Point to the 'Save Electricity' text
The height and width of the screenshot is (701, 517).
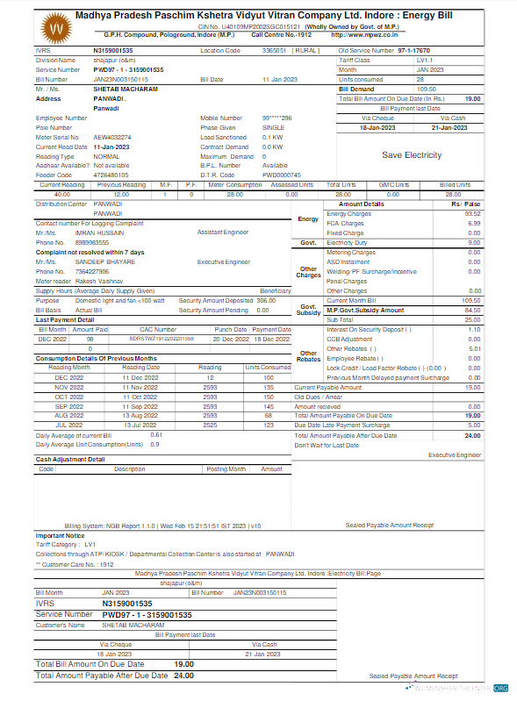411,155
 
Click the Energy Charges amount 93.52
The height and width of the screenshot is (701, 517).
472,213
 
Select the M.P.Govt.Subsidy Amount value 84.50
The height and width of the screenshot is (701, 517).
472,310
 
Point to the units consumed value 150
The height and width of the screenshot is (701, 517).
269,397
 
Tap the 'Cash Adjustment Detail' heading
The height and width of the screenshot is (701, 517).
70,459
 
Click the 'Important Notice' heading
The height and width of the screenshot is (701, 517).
60,535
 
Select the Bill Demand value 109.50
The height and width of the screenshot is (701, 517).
426,89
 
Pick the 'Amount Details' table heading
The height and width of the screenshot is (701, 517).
361,204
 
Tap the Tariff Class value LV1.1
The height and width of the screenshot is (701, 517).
425,60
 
